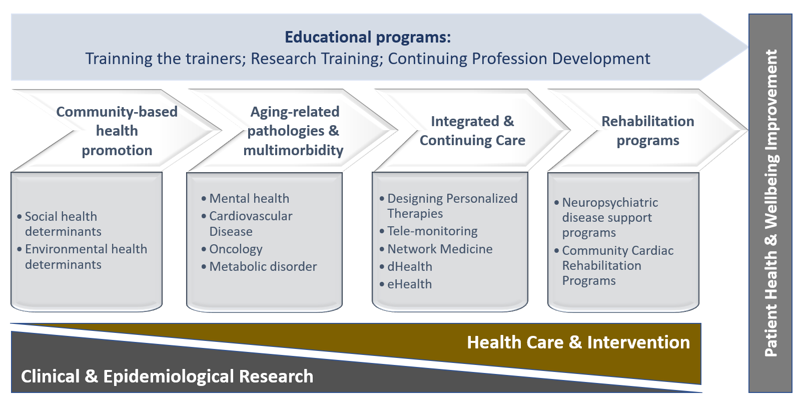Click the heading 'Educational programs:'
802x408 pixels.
(x=368, y=37)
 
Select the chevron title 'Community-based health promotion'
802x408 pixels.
(x=117, y=131)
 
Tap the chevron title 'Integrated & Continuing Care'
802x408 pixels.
(x=472, y=131)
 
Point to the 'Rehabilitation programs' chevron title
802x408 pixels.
(x=648, y=131)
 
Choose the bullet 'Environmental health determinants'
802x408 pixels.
(x=82, y=256)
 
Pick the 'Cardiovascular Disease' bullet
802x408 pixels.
(x=247, y=223)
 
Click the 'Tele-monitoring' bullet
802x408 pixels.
(x=428, y=231)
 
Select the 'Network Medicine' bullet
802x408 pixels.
(x=436, y=249)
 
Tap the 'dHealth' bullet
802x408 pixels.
(x=406, y=266)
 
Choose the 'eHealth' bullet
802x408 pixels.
(x=406, y=284)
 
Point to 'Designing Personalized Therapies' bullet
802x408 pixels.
(x=449, y=206)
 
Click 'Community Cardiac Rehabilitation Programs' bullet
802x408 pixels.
(x=614, y=265)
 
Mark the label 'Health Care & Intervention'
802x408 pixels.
(x=578, y=342)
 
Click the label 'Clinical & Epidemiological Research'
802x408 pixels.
(x=167, y=376)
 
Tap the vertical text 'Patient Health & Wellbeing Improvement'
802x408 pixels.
(x=771, y=203)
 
